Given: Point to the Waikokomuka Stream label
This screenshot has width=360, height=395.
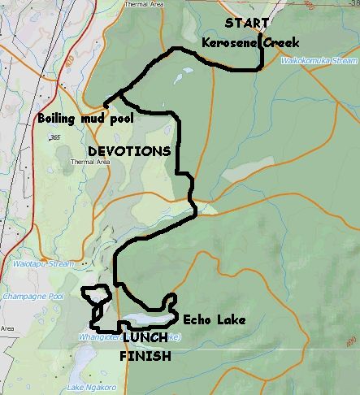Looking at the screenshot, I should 319,60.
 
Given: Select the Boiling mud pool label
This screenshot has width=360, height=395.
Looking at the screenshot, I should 85,119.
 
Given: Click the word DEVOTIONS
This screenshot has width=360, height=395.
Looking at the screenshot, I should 129,151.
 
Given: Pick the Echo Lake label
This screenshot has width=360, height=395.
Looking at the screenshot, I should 214,320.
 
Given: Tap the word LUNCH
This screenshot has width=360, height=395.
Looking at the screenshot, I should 145,337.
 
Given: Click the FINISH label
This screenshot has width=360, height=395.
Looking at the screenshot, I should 145,356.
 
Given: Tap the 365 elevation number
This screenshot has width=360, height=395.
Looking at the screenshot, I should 55,138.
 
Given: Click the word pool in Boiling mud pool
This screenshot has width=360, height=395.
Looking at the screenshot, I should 119,119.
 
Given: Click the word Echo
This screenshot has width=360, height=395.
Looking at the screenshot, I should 197,320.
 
